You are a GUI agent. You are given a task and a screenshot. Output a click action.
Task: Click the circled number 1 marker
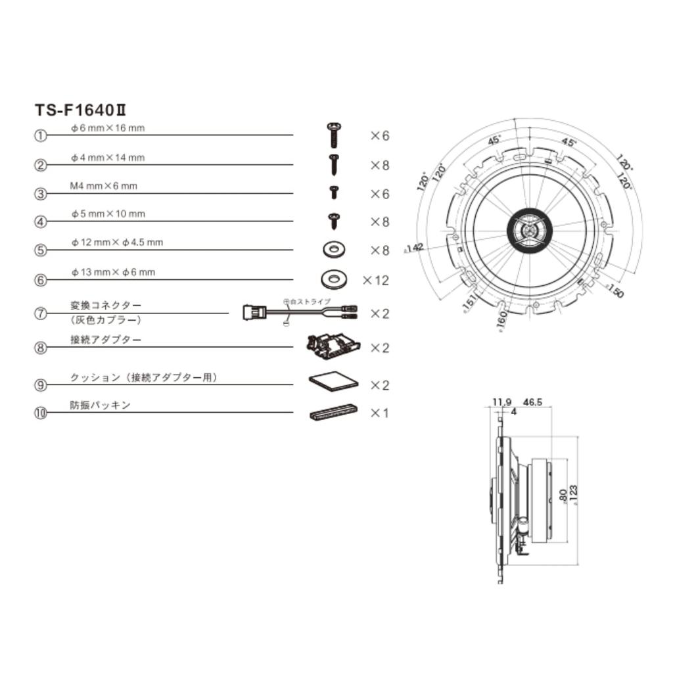pos(41,135)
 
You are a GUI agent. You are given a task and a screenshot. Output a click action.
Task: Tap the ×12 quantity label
pos(376,281)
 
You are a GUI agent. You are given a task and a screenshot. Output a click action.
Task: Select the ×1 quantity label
pos(379,413)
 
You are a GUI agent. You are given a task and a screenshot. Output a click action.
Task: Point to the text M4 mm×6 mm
pos(104,186)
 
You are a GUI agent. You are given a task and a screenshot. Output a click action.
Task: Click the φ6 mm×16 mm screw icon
pos(333,134)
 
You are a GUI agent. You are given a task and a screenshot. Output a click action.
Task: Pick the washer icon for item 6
pos(335,279)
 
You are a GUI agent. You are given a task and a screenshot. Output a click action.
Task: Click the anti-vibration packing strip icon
pos(333,413)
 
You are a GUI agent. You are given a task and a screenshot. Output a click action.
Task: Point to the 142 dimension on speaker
pos(415,248)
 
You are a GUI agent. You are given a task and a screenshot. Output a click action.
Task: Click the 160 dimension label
pos(502,321)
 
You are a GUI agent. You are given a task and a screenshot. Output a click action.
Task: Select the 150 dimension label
pos(615,292)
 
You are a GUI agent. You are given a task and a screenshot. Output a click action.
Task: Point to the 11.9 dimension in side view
pos(501,402)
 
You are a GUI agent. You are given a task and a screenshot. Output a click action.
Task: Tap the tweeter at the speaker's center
pos(530,231)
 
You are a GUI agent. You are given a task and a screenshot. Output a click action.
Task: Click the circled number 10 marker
pos(41,413)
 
